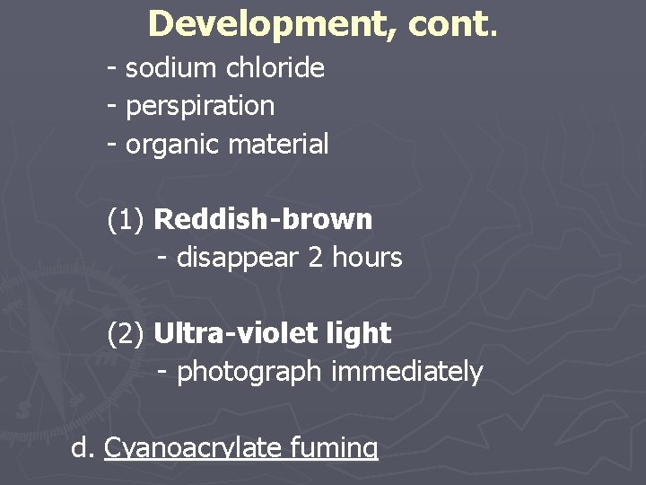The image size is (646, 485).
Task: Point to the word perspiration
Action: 200,106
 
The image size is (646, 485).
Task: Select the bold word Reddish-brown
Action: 263,219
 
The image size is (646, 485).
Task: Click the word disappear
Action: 238,258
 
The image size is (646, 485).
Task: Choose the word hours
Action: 367,258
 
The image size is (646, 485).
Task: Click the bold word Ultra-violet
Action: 236,334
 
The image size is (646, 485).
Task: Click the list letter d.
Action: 82,446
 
